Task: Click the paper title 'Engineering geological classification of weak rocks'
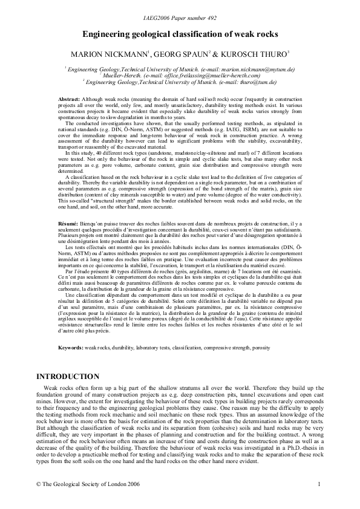(180, 36)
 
